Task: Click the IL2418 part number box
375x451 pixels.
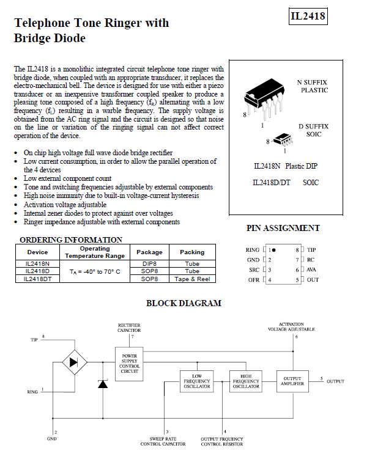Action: click(x=308, y=16)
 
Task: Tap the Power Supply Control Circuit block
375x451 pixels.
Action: click(x=129, y=364)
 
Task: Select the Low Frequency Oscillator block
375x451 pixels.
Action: click(x=197, y=381)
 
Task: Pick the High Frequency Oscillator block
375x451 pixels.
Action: click(x=246, y=381)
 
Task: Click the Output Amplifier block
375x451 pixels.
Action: click(x=292, y=381)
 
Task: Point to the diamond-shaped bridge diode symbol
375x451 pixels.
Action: click(x=75, y=362)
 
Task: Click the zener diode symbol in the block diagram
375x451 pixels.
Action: click(x=103, y=384)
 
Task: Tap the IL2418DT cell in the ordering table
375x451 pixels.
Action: click(x=37, y=279)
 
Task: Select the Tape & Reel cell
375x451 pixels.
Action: click(x=192, y=279)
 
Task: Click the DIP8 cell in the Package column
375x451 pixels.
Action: click(x=149, y=263)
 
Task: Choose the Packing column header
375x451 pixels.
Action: click(x=192, y=252)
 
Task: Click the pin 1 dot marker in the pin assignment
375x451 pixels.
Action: click(x=273, y=250)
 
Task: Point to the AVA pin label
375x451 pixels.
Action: click(x=311, y=269)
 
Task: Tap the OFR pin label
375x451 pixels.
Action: click(x=254, y=280)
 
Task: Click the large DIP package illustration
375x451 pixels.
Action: click(x=264, y=98)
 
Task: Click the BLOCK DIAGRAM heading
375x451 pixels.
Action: click(x=184, y=303)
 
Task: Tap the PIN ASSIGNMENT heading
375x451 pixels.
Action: click(x=283, y=228)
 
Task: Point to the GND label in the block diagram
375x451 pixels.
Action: click(x=52, y=439)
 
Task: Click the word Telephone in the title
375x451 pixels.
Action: click(x=42, y=23)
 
